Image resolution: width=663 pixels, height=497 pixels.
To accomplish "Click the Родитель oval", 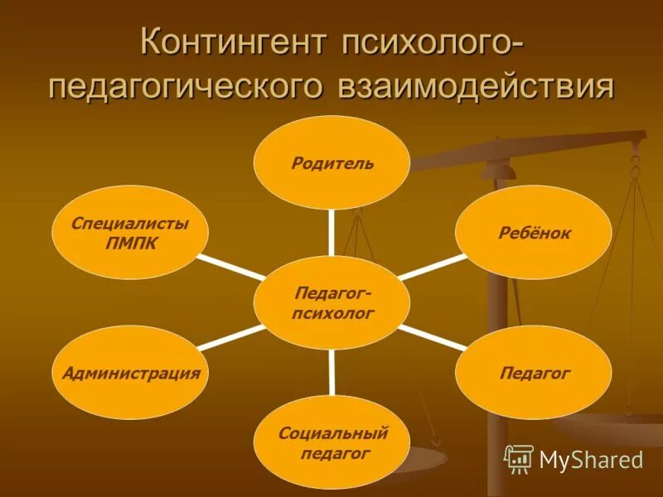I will (331, 162).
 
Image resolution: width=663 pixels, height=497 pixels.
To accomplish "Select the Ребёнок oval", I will (535, 233).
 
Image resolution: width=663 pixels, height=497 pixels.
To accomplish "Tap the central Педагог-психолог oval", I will (331, 302).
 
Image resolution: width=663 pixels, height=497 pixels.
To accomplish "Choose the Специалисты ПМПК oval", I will (129, 233).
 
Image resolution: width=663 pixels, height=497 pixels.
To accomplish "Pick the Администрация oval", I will (131, 373).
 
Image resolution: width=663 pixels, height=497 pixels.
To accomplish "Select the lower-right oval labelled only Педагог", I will (535, 373).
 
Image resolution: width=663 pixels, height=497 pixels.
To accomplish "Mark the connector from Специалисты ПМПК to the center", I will (231, 267).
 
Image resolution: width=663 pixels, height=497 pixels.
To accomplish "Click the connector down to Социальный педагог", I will (331, 373).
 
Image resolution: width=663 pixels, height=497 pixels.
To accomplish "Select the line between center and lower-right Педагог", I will (431, 337).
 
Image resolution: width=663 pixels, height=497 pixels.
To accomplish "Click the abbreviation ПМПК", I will (129, 244).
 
